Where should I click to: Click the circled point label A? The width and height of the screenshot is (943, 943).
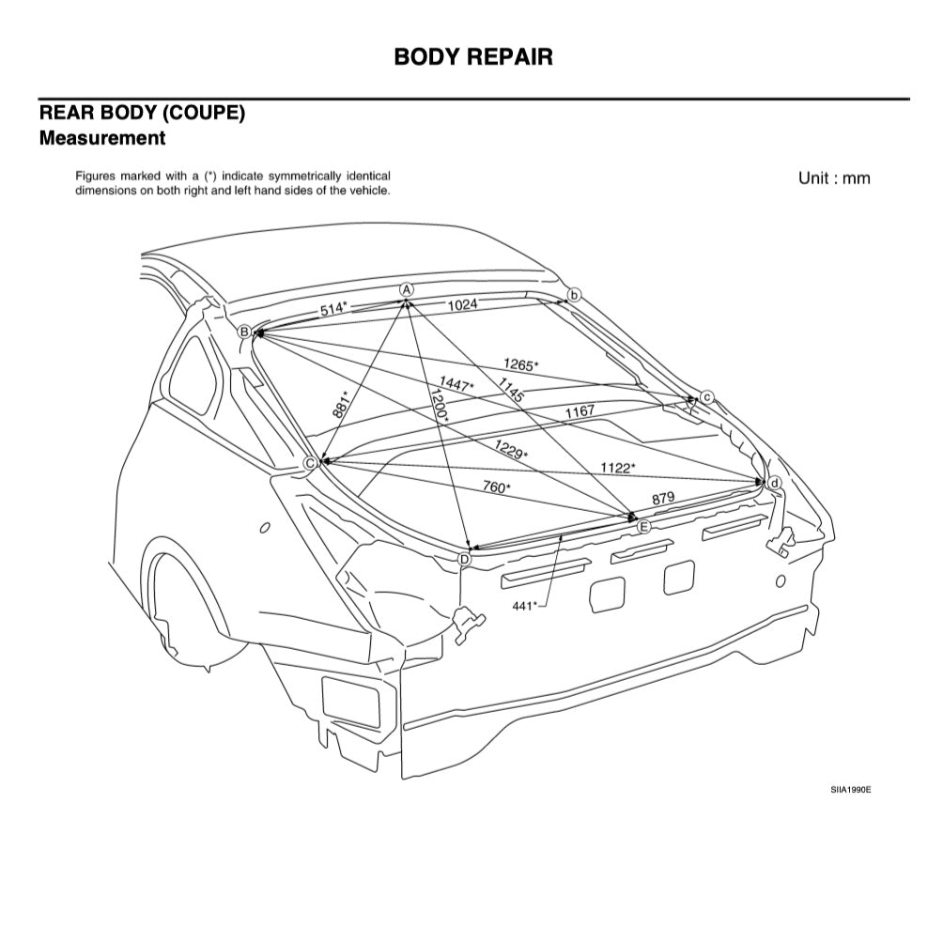(407, 289)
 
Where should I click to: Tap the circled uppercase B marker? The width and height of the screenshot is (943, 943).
(244, 332)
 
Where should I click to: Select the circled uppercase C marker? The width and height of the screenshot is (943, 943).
(309, 462)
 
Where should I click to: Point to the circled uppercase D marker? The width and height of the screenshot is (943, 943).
(464, 559)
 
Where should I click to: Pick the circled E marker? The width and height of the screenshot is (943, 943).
(643, 527)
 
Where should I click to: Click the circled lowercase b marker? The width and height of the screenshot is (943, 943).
(575, 294)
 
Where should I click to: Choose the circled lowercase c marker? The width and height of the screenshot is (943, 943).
(707, 397)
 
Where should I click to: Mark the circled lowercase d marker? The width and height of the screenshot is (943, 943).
(774, 483)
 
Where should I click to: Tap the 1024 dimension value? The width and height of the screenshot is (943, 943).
(462, 304)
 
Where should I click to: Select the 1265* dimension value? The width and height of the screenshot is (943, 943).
(520, 363)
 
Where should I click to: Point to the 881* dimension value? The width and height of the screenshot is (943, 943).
(341, 404)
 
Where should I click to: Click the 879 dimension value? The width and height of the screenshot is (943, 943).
(663, 498)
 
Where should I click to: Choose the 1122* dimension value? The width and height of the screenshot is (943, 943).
(618, 467)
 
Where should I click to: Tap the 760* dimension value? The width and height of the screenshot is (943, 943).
(496, 487)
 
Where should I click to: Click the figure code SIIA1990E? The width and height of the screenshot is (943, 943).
(850, 790)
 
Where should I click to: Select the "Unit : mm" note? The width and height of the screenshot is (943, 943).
(834, 178)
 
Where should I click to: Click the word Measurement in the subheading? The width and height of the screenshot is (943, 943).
(102, 138)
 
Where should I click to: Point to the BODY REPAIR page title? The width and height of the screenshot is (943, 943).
(473, 56)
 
